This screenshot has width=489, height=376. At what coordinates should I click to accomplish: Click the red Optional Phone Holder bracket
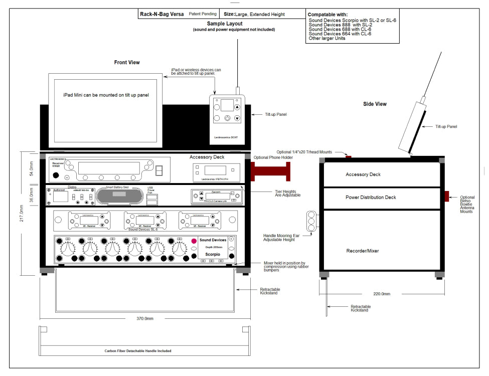click(x=271, y=171)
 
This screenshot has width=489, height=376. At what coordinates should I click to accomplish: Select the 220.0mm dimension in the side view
click(x=382, y=294)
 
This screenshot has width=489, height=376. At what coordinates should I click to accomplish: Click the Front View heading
click(x=127, y=62)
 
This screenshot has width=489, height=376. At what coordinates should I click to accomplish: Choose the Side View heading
click(x=375, y=104)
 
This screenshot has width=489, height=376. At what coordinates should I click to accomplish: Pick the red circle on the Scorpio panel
click(x=194, y=241)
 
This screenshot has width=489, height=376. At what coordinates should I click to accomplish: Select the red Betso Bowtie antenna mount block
click(x=448, y=196)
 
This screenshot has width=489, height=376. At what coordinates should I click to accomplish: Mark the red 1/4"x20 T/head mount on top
click(x=348, y=157)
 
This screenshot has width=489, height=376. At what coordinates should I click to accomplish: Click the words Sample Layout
click(x=224, y=24)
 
